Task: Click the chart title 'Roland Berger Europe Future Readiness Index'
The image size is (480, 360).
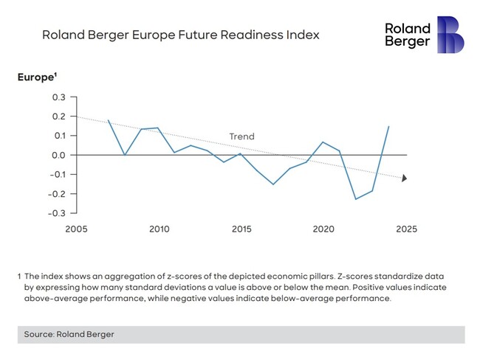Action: (181, 35)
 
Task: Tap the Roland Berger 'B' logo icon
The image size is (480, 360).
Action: (450, 34)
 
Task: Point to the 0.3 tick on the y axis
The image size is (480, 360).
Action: (58, 97)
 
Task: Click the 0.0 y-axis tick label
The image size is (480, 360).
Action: (58, 155)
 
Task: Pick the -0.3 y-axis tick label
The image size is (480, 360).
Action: (57, 213)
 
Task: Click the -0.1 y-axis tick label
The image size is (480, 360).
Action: (57, 175)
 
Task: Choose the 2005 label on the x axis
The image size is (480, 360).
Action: (76, 229)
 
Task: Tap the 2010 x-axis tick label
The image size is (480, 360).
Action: (159, 229)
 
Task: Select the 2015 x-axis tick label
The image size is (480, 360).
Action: (241, 229)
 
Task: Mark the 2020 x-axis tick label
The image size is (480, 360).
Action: (324, 229)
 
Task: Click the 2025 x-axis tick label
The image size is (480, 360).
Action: (405, 229)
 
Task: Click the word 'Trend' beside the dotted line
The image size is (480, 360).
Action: (241, 136)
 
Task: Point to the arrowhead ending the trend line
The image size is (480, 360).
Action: (404, 178)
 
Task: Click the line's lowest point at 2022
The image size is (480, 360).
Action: (356, 199)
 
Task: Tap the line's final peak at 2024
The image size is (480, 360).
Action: (389, 126)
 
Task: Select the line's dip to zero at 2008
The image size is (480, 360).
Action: (125, 155)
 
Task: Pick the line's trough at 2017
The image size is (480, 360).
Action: (273, 184)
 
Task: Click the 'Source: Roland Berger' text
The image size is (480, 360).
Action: (69, 334)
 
